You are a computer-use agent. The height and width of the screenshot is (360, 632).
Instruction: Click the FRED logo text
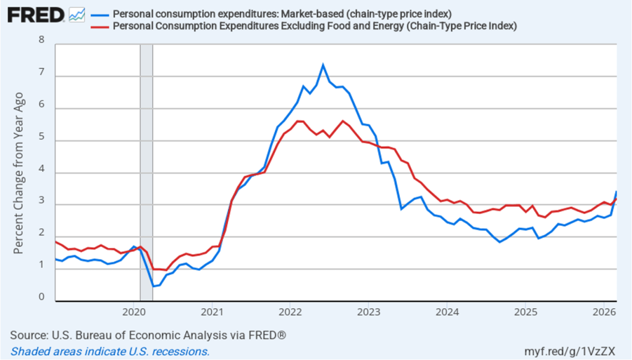tap(35, 15)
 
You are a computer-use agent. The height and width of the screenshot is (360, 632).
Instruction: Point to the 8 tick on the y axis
tap(42, 40)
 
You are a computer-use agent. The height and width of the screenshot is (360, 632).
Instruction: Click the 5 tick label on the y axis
tap(42, 136)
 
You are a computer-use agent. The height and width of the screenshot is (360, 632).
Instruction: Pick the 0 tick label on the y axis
tap(42, 297)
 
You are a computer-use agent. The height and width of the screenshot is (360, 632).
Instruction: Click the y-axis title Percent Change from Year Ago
tap(19, 173)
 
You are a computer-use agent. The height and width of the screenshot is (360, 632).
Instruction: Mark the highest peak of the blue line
tap(323, 64)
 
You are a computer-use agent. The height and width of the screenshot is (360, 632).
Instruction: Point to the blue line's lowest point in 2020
tap(153, 287)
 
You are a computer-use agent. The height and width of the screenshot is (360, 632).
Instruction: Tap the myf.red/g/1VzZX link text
tap(575, 351)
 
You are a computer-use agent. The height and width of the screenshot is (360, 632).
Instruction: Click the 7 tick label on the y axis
tap(42, 72)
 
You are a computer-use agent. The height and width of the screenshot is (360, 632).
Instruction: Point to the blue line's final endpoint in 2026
tap(617, 191)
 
